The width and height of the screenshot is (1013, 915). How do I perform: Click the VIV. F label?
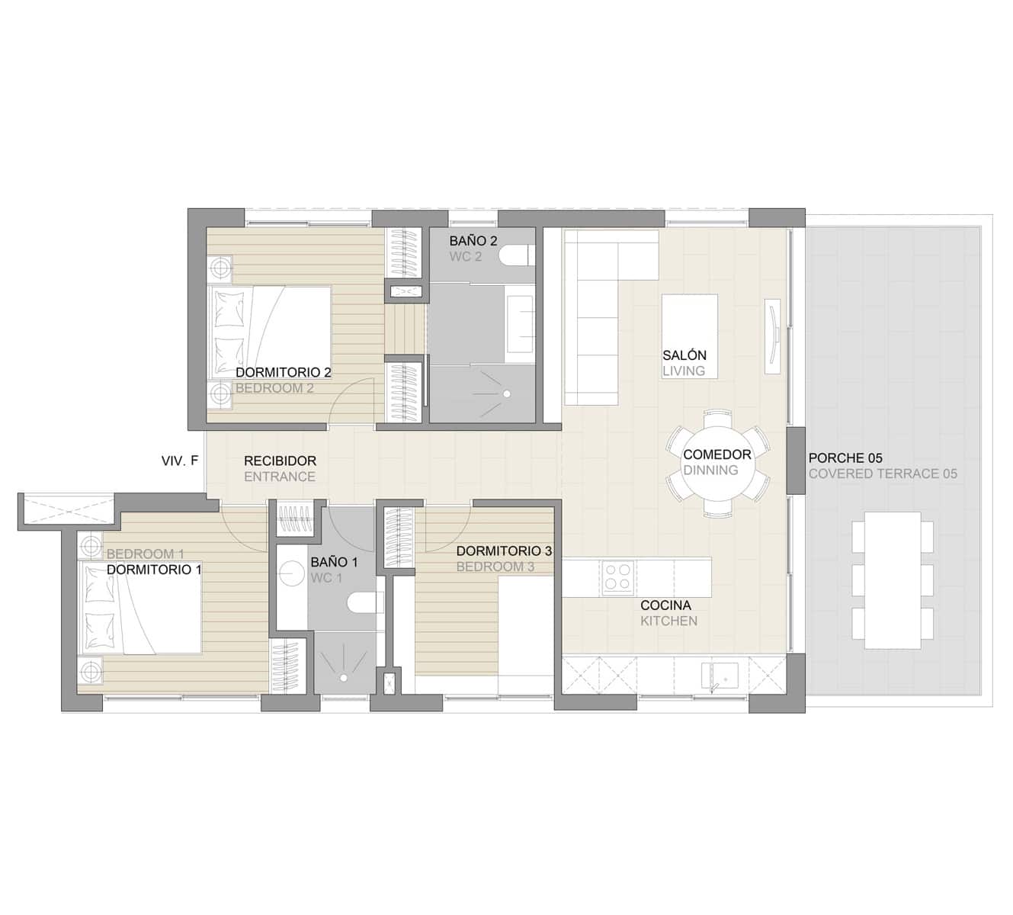click(180, 461)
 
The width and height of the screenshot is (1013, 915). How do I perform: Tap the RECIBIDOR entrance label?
click(280, 461)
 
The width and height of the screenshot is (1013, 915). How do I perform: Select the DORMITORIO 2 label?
click(283, 373)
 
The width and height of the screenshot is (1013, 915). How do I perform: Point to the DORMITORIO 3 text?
click(504, 551)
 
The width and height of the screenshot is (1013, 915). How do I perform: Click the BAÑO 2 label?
click(473, 241)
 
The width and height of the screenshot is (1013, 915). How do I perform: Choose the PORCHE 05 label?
click(845, 458)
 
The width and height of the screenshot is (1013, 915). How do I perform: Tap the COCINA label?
click(665, 605)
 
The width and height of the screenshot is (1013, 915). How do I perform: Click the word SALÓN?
click(684, 355)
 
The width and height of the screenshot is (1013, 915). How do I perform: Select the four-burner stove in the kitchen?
click(617, 577)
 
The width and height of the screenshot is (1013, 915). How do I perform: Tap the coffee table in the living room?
click(689, 324)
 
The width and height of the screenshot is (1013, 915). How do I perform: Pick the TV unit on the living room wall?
click(773, 336)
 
